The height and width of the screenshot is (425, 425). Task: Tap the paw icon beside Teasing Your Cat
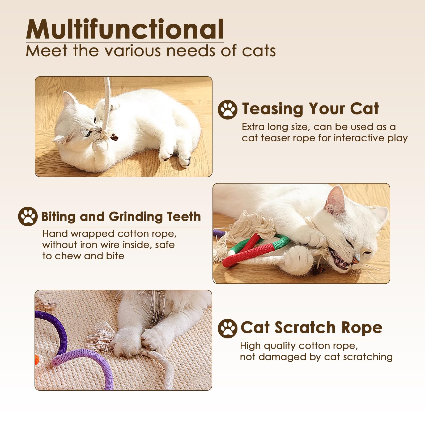pos(227,109)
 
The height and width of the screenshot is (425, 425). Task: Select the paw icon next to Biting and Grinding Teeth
pos(28,216)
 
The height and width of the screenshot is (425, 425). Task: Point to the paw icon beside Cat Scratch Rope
pos(227,328)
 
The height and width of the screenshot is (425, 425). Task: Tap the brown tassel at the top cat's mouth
pos(114,137)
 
